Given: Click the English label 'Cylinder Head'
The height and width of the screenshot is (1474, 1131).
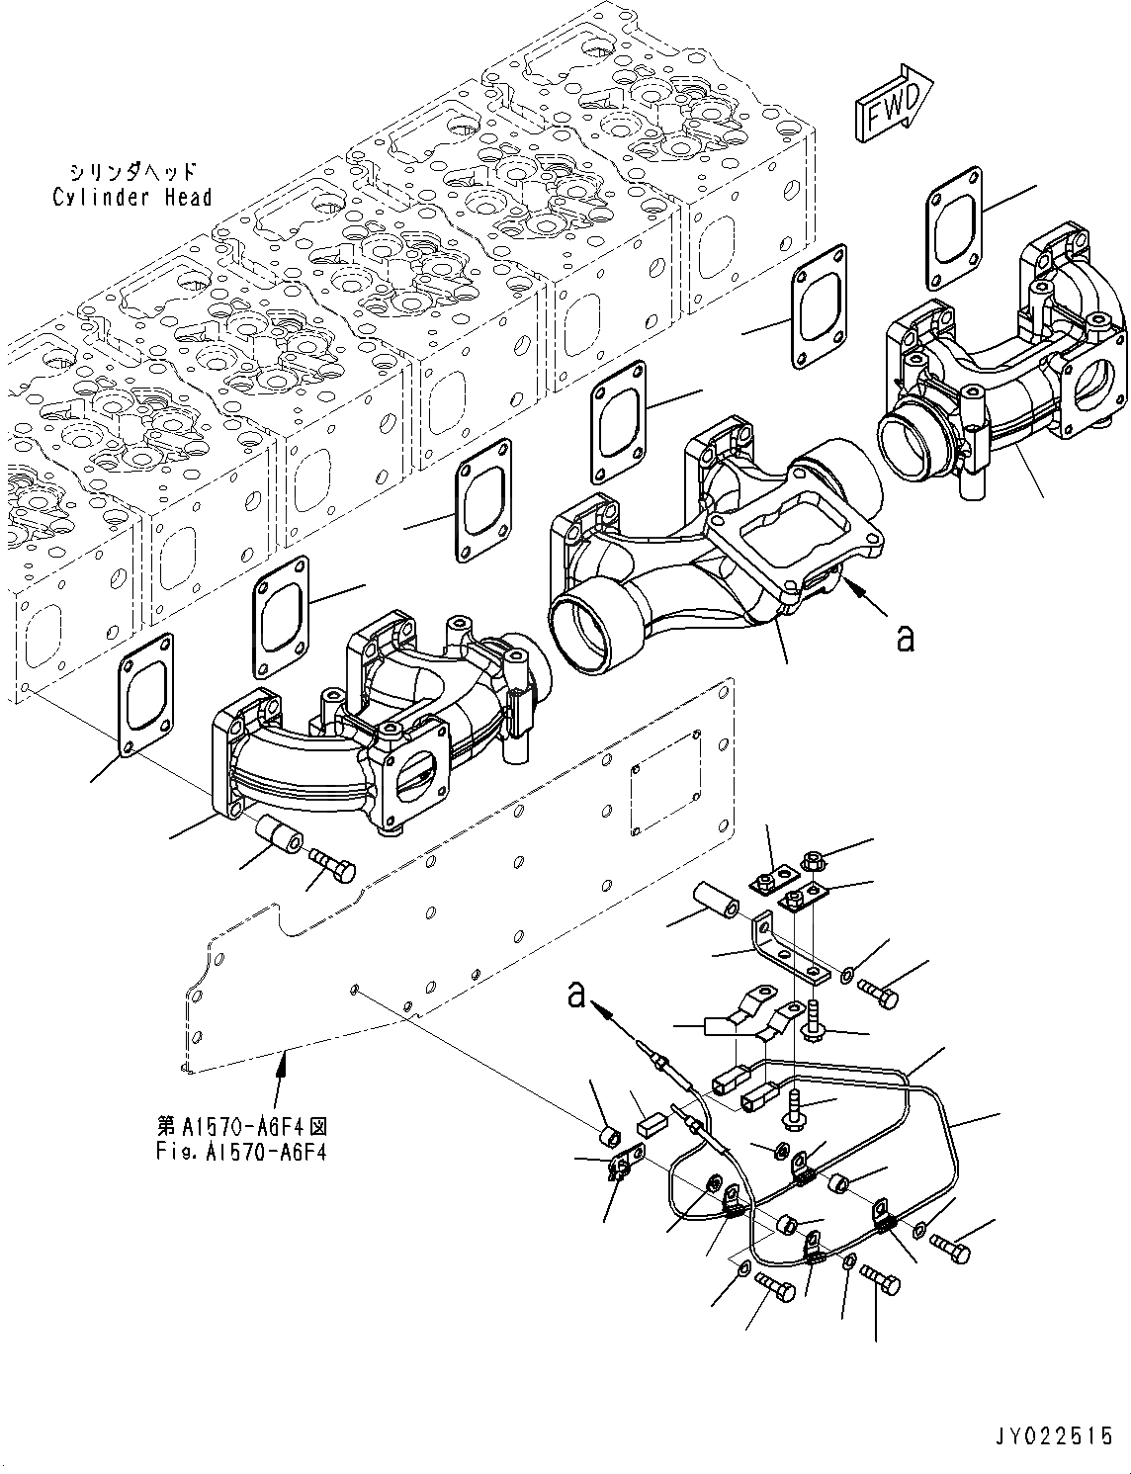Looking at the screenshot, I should click(131, 198).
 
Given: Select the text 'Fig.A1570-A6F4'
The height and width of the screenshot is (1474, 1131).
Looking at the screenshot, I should click(241, 1151).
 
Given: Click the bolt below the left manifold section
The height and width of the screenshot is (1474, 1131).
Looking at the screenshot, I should click(332, 865).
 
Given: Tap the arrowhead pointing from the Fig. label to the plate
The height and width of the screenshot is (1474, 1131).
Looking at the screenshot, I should click(285, 1062).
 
